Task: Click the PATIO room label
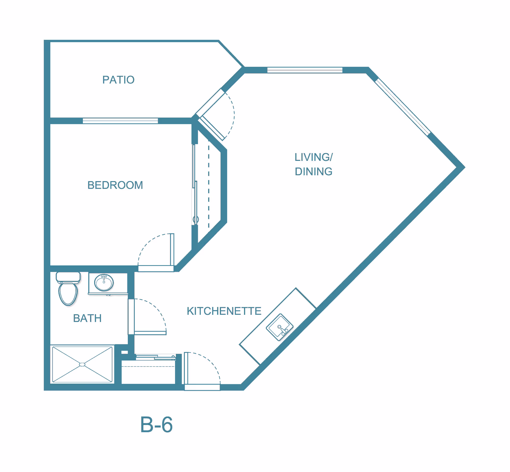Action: click(118, 80)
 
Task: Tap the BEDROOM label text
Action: click(115, 185)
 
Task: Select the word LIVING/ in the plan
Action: click(313, 157)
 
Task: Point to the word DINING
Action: click(313, 172)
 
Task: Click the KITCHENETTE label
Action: click(224, 311)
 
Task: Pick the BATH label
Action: click(87, 318)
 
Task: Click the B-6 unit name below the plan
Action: click(156, 425)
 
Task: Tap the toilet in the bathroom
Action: click(68, 289)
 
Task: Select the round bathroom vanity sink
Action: click(104, 282)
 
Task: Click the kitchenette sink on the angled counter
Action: click(279, 327)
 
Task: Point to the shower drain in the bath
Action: click(82, 365)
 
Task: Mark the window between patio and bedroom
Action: click(120, 121)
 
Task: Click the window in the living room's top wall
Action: click(305, 70)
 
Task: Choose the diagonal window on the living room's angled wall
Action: click(403, 107)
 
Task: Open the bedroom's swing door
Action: click(172, 249)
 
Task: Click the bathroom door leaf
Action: click(150, 333)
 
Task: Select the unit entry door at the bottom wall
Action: click(186, 368)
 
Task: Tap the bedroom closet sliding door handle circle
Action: click(196, 220)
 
